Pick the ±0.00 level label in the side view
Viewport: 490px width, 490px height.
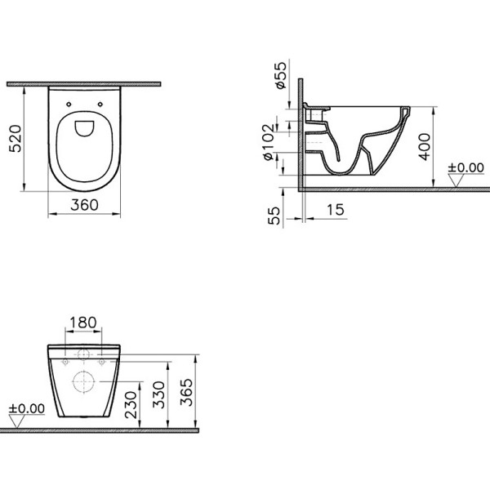[x=465, y=168]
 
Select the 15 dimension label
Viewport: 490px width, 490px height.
[x=336, y=210]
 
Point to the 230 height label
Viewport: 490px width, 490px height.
[x=131, y=403]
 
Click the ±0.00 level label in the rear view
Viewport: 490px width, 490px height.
[x=27, y=407]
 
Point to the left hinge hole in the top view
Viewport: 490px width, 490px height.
[x=67, y=104]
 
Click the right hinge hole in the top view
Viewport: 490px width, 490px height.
[x=100, y=104]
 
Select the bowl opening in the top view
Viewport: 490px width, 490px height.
[x=84, y=127]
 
